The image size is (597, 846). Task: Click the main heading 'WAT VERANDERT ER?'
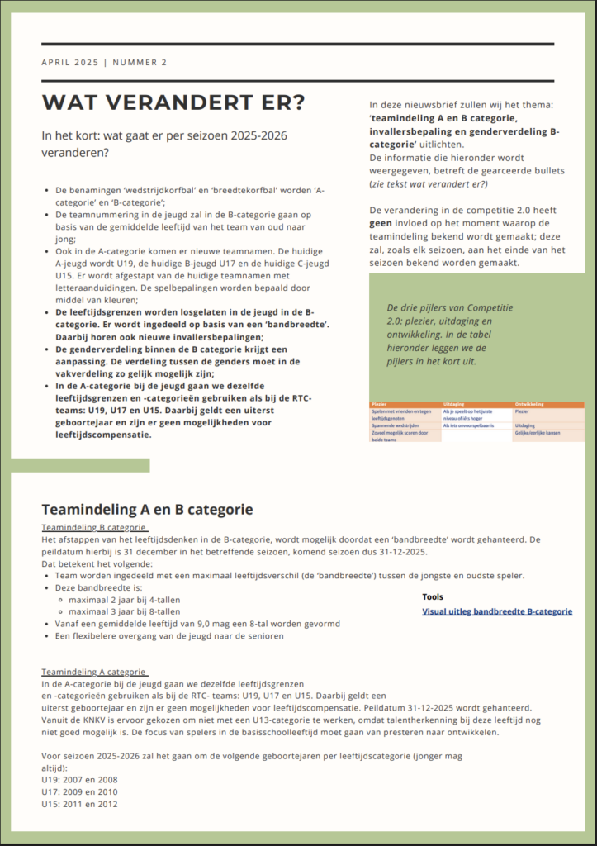pos(173,102)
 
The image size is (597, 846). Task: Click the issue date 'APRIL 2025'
pos(69,63)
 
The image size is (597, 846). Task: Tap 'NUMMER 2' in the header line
pos(140,63)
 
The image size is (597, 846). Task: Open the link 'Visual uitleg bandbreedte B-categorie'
pos(497,611)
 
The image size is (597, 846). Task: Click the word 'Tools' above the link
pos(432,596)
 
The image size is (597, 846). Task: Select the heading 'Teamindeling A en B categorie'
pos(147,509)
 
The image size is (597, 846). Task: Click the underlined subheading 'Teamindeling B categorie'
pos(94,527)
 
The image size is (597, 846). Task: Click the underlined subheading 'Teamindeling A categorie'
pos(94,673)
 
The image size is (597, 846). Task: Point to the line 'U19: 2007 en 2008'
pos(79,779)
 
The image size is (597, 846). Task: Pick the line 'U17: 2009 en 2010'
pos(79,791)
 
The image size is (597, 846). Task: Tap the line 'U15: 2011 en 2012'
pos(79,804)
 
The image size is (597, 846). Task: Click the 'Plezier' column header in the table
pos(380,404)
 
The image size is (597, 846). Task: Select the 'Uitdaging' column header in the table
pos(455,404)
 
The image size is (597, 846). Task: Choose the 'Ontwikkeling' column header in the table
pos(530,404)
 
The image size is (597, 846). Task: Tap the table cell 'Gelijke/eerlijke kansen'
pos(541,433)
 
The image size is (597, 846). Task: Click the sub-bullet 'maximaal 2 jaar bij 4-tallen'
pos(125,600)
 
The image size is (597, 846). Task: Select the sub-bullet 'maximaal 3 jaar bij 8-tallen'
pos(125,612)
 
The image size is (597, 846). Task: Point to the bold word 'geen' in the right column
pos(381,223)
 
